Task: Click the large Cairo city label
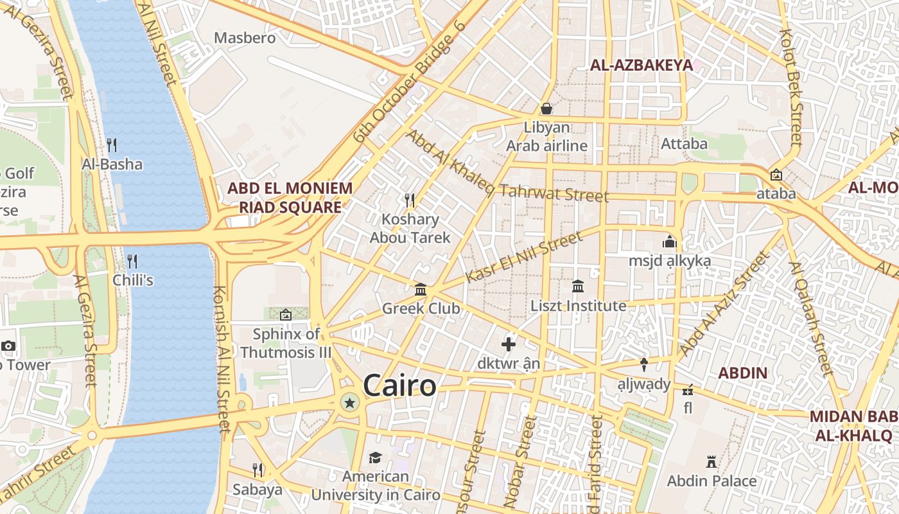(399, 386)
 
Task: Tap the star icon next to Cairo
(349, 403)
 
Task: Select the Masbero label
(245, 38)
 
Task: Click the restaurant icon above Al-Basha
(112, 145)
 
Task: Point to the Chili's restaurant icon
(132, 261)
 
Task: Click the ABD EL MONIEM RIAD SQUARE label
(290, 198)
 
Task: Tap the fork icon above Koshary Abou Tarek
(410, 200)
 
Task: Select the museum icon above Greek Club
(421, 289)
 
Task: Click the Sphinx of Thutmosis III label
(286, 343)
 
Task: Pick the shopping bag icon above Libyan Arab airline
(546, 108)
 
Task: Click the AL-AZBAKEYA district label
(641, 65)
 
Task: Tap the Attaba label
(684, 143)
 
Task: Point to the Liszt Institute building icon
(578, 286)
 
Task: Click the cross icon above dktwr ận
(509, 344)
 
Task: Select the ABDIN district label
(742, 373)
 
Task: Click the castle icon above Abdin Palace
(711, 461)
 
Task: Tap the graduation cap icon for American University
(375, 457)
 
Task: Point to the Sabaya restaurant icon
(257, 470)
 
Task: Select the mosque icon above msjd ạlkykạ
(670, 242)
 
